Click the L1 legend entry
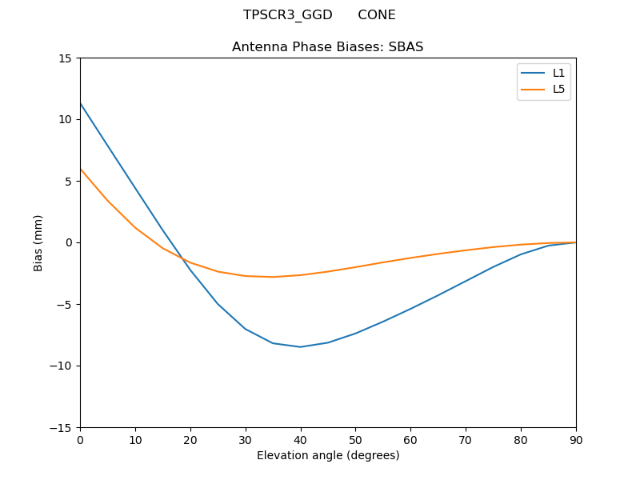pyautogui.click(x=558, y=73)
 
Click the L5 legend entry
pyautogui.click(x=558, y=89)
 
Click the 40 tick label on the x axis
pyautogui.click(x=300, y=439)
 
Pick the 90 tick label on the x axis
pyautogui.click(x=576, y=439)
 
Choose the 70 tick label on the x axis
pyautogui.click(x=466, y=439)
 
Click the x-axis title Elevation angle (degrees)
pyautogui.click(x=328, y=455)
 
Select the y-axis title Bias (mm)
pyautogui.click(x=38, y=242)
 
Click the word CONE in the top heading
pyautogui.click(x=376, y=15)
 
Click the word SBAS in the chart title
pyautogui.click(x=406, y=47)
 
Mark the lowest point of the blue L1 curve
pyautogui.click(x=300, y=346)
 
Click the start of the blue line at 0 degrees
pyautogui.click(x=80, y=103)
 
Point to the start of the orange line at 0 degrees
pyautogui.click(x=80, y=169)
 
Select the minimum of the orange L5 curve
pyautogui.click(x=273, y=277)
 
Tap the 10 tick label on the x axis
pyautogui.click(x=135, y=439)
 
